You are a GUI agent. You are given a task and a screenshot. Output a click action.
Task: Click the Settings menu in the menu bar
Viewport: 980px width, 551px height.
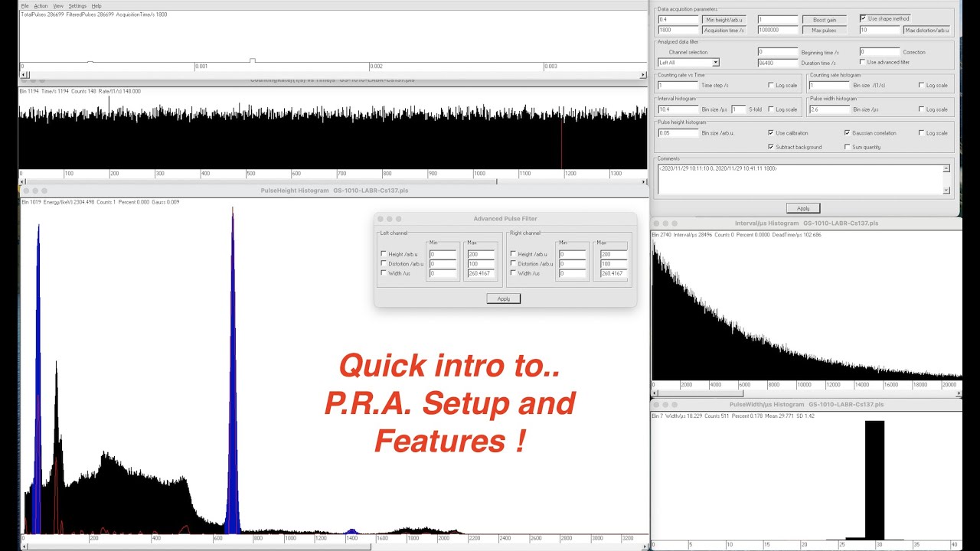point(77,5)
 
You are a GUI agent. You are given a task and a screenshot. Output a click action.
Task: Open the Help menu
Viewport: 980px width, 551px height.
point(96,5)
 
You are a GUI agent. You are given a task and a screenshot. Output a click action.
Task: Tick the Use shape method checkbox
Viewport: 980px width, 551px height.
point(864,18)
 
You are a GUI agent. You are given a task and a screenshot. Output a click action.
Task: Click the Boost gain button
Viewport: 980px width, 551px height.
point(819,19)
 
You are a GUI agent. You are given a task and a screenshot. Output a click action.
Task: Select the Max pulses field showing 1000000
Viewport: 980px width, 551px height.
point(777,30)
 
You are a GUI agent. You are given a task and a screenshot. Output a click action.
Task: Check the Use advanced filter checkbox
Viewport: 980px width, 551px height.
point(863,62)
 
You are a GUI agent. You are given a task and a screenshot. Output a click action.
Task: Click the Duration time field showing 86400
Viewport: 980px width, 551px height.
point(777,63)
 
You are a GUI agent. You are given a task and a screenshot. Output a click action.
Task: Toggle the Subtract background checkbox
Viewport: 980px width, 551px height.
point(770,147)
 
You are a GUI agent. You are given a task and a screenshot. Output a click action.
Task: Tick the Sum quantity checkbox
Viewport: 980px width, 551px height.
point(847,147)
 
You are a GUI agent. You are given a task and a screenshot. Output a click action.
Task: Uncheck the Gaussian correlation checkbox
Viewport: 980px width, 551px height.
point(847,133)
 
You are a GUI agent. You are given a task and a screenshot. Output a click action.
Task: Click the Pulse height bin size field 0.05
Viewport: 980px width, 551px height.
point(678,133)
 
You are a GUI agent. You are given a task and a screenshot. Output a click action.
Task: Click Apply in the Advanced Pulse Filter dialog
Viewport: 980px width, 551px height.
point(503,298)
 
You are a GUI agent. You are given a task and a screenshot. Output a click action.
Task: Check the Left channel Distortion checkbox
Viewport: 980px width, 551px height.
point(384,263)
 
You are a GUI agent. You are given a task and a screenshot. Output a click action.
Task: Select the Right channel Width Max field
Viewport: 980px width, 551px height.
point(613,273)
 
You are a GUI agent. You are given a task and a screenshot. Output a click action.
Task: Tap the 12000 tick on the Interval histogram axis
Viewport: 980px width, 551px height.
point(833,385)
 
